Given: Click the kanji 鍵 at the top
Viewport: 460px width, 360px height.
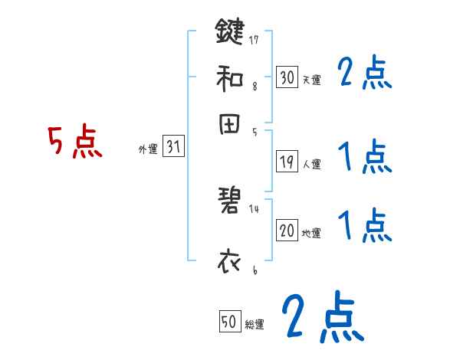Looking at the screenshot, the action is click(230, 33).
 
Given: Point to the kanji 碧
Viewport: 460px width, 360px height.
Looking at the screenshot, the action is click(230, 201).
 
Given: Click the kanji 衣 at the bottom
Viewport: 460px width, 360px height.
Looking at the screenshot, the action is click(230, 261).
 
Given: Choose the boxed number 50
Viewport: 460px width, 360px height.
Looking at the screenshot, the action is click(228, 322).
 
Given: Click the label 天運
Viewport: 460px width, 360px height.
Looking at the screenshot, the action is click(311, 80).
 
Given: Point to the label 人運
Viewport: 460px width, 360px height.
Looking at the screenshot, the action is click(311, 164).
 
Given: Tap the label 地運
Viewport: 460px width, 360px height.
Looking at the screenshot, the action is click(311, 234).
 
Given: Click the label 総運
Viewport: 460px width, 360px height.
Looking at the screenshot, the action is click(254, 325).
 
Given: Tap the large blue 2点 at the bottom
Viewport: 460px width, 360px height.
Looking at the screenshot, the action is click(321, 317).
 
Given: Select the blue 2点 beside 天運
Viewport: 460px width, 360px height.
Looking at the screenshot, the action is click(364, 74).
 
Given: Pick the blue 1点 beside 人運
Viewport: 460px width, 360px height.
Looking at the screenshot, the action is click(364, 158).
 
